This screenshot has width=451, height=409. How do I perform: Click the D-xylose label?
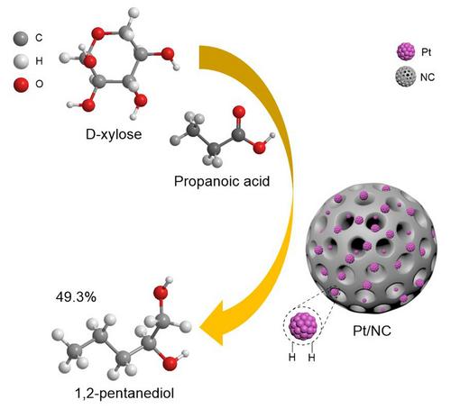pos(114,134)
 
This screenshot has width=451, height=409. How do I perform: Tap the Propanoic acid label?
pos(222,181)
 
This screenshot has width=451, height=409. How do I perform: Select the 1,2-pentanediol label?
pos(124,393)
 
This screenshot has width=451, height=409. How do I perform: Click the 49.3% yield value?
pos(76,297)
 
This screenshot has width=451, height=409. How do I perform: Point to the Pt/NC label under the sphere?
pos(372,331)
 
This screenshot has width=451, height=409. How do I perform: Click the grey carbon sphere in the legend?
pos(21,39)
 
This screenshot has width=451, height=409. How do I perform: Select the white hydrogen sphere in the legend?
pos(21,61)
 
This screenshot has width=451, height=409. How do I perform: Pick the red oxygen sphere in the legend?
pos(21,85)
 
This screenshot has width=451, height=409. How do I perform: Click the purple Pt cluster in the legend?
pos(406,51)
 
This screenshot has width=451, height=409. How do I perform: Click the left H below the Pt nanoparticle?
pos(292,358)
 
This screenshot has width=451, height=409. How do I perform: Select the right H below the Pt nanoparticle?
pos(312,358)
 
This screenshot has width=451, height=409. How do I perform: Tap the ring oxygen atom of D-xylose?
pos(98,33)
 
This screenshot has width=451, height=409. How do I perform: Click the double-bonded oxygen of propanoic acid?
pos(239,112)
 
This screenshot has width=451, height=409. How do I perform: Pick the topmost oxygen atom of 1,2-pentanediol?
pos(161,293)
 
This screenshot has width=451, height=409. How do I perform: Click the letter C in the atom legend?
pos(39,38)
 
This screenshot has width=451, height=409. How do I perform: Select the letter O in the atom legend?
pos(40,84)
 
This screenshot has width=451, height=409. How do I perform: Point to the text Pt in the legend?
pos(427,52)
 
